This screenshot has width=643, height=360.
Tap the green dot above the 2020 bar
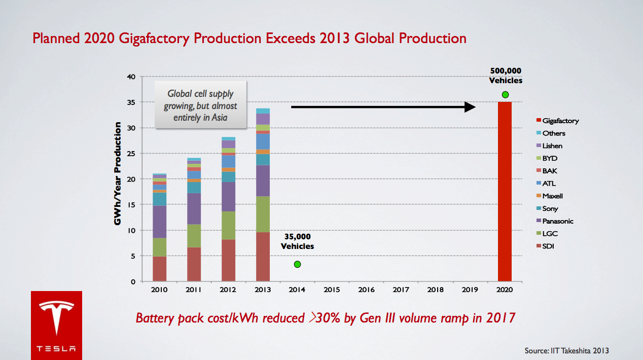(505, 95)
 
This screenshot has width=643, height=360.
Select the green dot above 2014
(297, 264)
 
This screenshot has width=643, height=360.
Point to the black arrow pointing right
(383, 107)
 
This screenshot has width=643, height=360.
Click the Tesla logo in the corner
(56, 325)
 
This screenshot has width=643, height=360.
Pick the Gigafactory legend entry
(557, 121)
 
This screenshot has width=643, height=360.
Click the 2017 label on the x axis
(401, 290)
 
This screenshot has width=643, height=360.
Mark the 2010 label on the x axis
(159, 290)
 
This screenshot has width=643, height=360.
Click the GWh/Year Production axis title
(118, 173)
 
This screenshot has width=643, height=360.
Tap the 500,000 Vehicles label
(505, 76)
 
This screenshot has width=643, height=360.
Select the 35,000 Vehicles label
(297, 241)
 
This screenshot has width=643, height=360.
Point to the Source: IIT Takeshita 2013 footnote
(566, 351)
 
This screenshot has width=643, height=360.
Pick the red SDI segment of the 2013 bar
(263, 257)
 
